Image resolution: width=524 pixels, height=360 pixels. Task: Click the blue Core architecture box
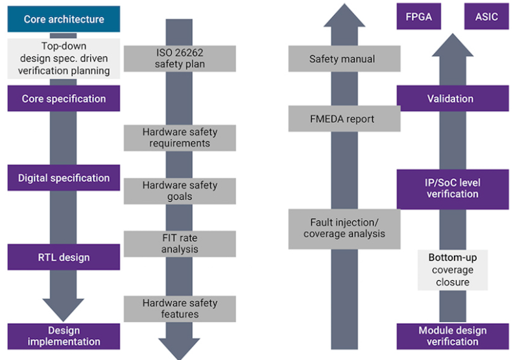[x=64, y=19]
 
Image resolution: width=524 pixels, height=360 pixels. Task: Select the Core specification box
[x=64, y=99]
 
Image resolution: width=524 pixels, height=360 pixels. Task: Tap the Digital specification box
[x=64, y=178]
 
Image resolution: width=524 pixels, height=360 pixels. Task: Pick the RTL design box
[x=64, y=257]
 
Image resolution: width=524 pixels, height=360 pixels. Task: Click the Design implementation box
[x=64, y=336]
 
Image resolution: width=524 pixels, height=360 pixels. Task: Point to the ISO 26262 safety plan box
[x=180, y=58]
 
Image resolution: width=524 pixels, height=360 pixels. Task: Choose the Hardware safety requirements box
[x=180, y=138]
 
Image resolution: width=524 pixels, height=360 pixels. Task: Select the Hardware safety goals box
[x=180, y=191]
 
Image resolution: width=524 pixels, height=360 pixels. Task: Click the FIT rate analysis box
[x=180, y=243]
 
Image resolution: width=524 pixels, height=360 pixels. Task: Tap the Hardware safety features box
[x=180, y=309]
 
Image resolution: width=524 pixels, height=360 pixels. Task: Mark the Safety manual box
[x=342, y=59]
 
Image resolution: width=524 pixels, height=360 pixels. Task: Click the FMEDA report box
[x=342, y=119]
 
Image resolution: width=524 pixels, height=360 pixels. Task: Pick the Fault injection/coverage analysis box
[x=342, y=228]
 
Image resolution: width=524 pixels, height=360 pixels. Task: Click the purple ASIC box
[x=486, y=17]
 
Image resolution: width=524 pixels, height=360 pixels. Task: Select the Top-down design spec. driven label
[x=64, y=58]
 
